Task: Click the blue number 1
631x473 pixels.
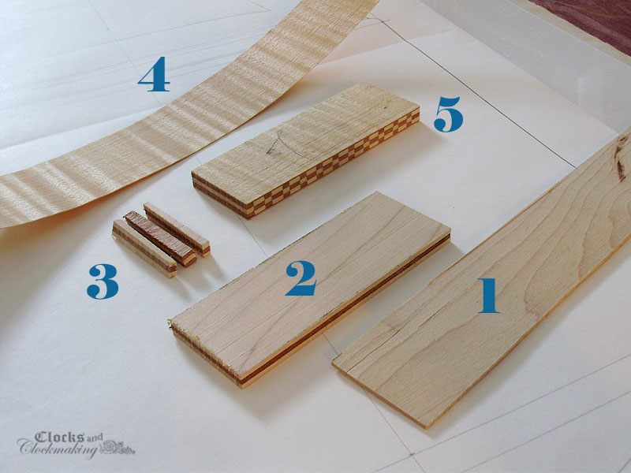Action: pos(489,295)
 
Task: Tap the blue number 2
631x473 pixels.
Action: pos(301,278)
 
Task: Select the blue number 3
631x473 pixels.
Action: pos(103,281)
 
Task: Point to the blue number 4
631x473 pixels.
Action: pos(154,74)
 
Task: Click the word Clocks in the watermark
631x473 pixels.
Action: pos(60,438)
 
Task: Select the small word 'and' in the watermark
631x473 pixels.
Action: pos(94,438)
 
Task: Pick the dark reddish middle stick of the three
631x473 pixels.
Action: pos(160,238)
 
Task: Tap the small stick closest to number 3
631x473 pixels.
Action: pos(144,248)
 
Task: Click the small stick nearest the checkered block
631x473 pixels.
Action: pos(177,229)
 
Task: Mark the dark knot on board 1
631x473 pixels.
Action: pos(621,159)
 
